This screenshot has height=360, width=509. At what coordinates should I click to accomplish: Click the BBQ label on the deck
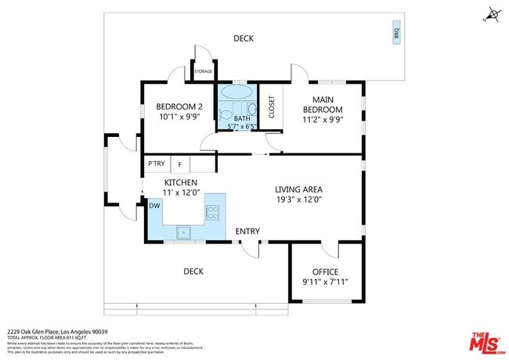tap(395, 34)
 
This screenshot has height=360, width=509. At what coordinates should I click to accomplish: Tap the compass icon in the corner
tap(492, 14)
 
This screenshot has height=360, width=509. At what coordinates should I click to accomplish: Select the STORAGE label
tap(203, 71)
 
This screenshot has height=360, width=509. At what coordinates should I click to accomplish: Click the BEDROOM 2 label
tap(179, 106)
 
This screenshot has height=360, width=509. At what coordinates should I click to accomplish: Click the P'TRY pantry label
tap(157, 164)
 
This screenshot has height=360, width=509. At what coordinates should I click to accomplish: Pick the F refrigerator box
tap(180, 164)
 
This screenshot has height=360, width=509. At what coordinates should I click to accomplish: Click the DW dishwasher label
tap(154, 206)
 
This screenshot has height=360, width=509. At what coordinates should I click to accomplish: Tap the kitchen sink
tap(184, 231)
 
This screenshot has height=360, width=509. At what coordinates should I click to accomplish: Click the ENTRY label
tap(247, 231)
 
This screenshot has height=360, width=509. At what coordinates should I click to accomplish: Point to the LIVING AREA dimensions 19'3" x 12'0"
tap(298, 200)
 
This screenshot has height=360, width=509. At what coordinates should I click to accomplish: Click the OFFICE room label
tap(326, 272)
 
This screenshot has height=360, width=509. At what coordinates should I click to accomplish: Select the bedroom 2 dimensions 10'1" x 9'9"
tap(179, 117)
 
